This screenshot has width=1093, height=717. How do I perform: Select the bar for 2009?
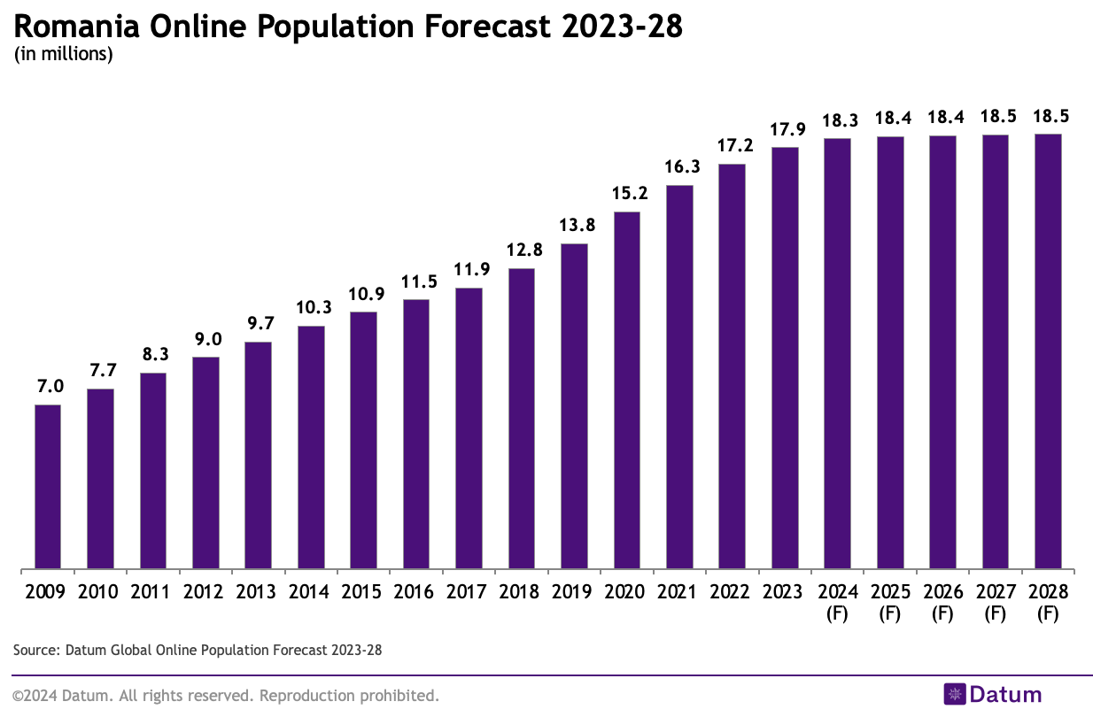48,486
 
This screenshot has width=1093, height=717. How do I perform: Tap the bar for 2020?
627,389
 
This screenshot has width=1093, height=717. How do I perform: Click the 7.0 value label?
48,386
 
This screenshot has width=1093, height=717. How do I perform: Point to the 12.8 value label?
522,250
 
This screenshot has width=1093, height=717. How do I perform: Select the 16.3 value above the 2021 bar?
679,166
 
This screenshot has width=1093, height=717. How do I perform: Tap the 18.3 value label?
837,119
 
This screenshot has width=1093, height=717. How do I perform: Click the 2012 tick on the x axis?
205,591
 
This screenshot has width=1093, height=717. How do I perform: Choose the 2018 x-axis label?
522,591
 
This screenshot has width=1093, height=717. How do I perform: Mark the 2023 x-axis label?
785,591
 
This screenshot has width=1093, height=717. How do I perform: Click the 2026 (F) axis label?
942,601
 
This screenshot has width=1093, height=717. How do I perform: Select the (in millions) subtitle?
63,55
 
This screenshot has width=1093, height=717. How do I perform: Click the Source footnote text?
197,650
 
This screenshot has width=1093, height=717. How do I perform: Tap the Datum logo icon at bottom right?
954,694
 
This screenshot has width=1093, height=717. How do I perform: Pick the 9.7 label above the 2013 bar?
258,323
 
